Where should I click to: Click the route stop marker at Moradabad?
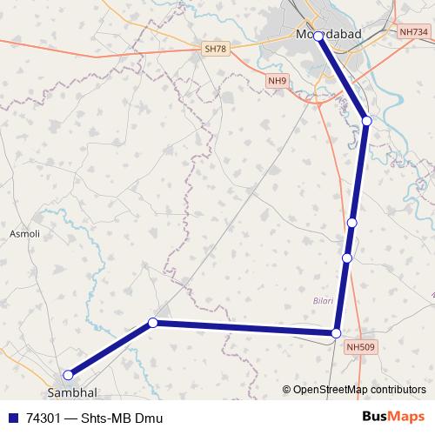coord(318,36)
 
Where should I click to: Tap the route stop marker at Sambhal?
coord(67,374)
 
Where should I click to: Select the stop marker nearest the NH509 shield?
coord(337,332)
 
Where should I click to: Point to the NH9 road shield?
coord(277,81)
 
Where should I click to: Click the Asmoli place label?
coord(24,234)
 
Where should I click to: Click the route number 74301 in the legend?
coord(44,418)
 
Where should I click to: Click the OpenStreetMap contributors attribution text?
coord(358,390)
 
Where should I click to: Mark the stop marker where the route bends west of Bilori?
coord(153,323)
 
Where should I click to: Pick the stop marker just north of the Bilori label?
coord(347,258)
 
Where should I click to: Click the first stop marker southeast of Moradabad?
coord(366,120)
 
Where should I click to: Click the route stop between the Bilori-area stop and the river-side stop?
coord(351,224)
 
